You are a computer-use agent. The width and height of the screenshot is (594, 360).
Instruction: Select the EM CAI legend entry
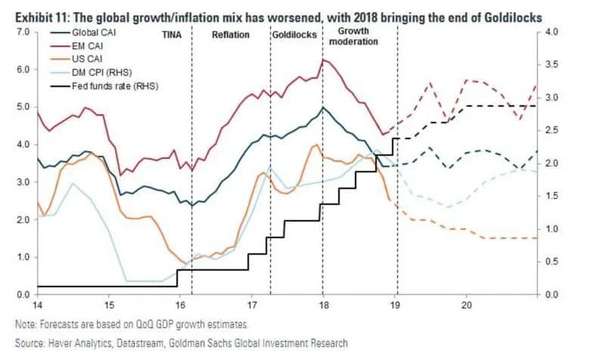click(87, 47)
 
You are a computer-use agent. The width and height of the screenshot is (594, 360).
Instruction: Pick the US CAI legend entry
click(86, 59)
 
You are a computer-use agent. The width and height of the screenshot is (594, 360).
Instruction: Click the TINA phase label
click(173, 36)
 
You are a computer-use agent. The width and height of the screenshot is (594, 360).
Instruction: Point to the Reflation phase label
click(231, 36)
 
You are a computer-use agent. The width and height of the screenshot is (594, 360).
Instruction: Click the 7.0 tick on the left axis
click(22, 33)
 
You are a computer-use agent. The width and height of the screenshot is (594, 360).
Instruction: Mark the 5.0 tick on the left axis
click(22, 107)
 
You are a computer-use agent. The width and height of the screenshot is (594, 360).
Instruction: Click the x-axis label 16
click(179, 305)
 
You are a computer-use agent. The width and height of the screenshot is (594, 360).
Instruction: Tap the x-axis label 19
click(396, 305)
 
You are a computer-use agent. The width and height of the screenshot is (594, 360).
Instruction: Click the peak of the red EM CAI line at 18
click(324, 60)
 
